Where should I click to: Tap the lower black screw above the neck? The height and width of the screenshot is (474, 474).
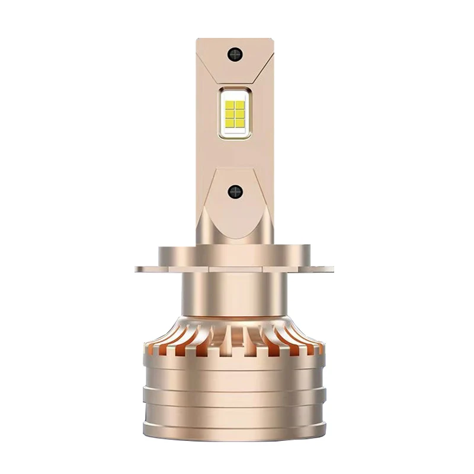coord(235,191)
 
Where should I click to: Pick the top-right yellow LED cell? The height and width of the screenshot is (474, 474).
coord(240,105)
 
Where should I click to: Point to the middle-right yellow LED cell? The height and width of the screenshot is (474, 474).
coord(240,114)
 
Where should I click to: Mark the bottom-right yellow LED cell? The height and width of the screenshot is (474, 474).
coord(240,123)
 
